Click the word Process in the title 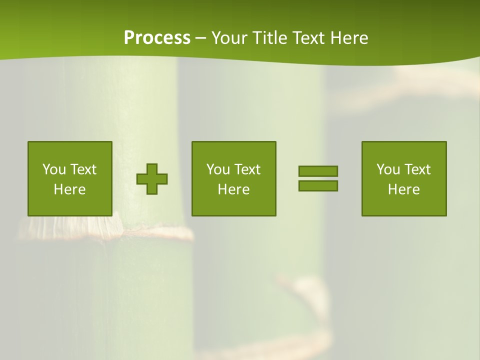[157, 38]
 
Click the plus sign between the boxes [152, 179]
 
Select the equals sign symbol [318, 178]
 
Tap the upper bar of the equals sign [318, 171]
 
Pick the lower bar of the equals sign [318, 186]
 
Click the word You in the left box [53, 169]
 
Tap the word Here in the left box [70, 189]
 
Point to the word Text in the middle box [247, 169]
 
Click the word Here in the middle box [234, 189]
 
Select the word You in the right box [387, 169]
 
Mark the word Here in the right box [404, 189]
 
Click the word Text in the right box [417, 169]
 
